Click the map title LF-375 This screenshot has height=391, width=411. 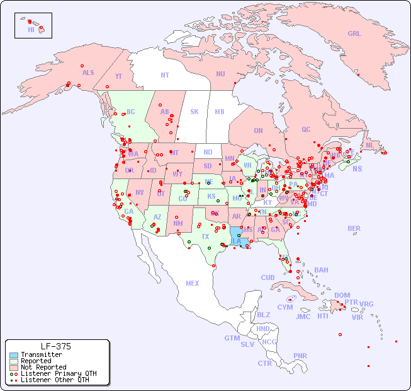point(56,346)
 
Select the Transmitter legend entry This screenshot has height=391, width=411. point(41,355)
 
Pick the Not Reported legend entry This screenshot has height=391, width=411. point(43,367)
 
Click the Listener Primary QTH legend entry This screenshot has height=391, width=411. point(58,373)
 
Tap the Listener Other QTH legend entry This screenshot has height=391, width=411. point(54,380)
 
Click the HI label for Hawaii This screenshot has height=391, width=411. point(31,30)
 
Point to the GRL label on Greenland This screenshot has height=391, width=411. point(354,34)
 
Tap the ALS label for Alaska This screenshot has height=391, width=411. point(88,73)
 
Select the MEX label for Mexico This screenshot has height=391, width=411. point(193,284)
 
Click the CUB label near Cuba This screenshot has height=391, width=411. point(268,278)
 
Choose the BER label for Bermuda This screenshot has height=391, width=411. point(354,229)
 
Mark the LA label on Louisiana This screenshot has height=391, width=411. point(237,241)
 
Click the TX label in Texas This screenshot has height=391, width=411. point(205,236)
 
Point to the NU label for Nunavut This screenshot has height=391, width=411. point(220,74)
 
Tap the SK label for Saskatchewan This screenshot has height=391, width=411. point(194,112)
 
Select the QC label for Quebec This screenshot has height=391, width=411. point(306,130)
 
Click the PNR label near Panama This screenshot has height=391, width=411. point(300,356)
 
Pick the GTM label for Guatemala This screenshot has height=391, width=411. point(232,339)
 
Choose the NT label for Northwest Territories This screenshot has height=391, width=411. point(165,75)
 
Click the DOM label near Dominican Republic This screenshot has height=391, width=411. point(342,296)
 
